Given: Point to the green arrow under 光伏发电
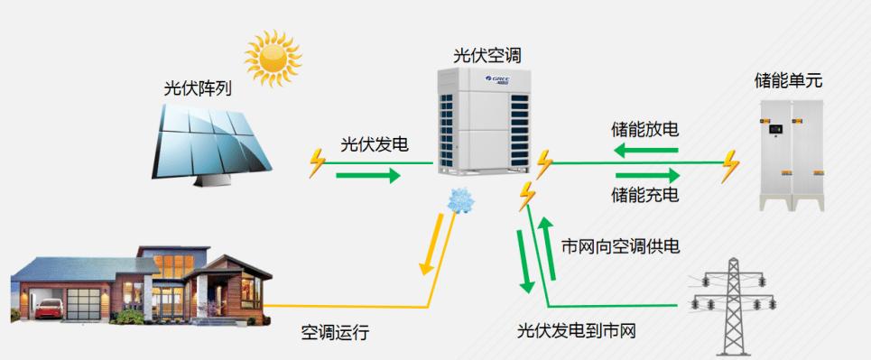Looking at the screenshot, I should click(x=367, y=174).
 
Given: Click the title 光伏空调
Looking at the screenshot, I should click(x=487, y=56).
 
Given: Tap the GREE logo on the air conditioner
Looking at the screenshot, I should click(x=499, y=80).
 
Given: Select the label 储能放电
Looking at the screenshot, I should click(x=644, y=129).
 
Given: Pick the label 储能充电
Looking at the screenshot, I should click(x=644, y=195).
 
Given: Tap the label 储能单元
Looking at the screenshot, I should click(x=788, y=81).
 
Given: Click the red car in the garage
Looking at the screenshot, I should click(x=43, y=309).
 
